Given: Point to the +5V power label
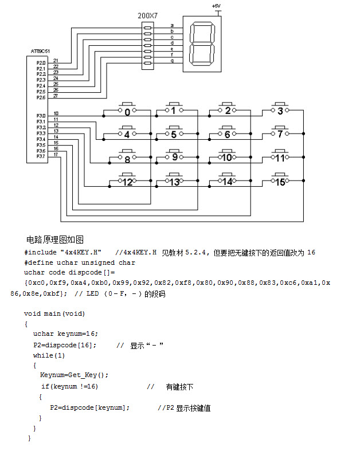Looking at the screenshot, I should click(x=216, y=6).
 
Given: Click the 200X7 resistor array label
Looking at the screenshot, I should click(x=148, y=15).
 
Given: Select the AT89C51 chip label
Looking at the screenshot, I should click(x=40, y=52).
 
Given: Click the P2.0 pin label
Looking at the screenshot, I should click(x=41, y=62).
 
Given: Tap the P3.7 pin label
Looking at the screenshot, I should click(x=41, y=156).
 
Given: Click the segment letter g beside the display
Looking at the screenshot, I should click(x=172, y=60).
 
